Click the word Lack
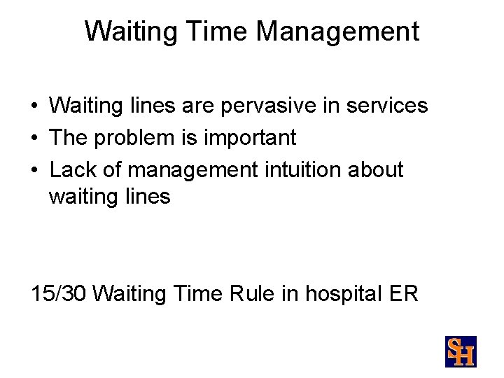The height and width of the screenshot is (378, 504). (73, 169)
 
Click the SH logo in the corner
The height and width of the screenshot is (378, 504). (460, 351)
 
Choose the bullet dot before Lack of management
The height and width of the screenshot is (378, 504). (34, 171)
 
